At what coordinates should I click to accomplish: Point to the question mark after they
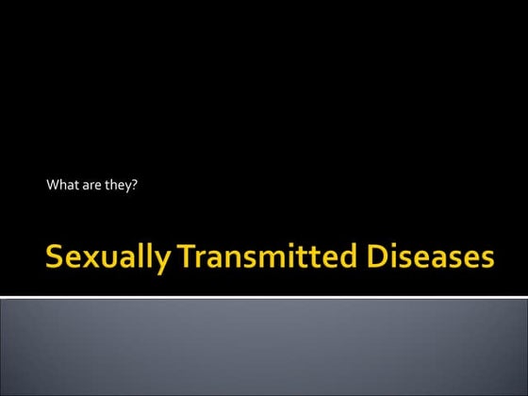click(x=136, y=185)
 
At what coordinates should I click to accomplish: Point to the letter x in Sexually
click(x=85, y=259)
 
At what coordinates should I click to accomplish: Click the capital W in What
click(x=53, y=185)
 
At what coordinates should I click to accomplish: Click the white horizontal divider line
click(x=264, y=297)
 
